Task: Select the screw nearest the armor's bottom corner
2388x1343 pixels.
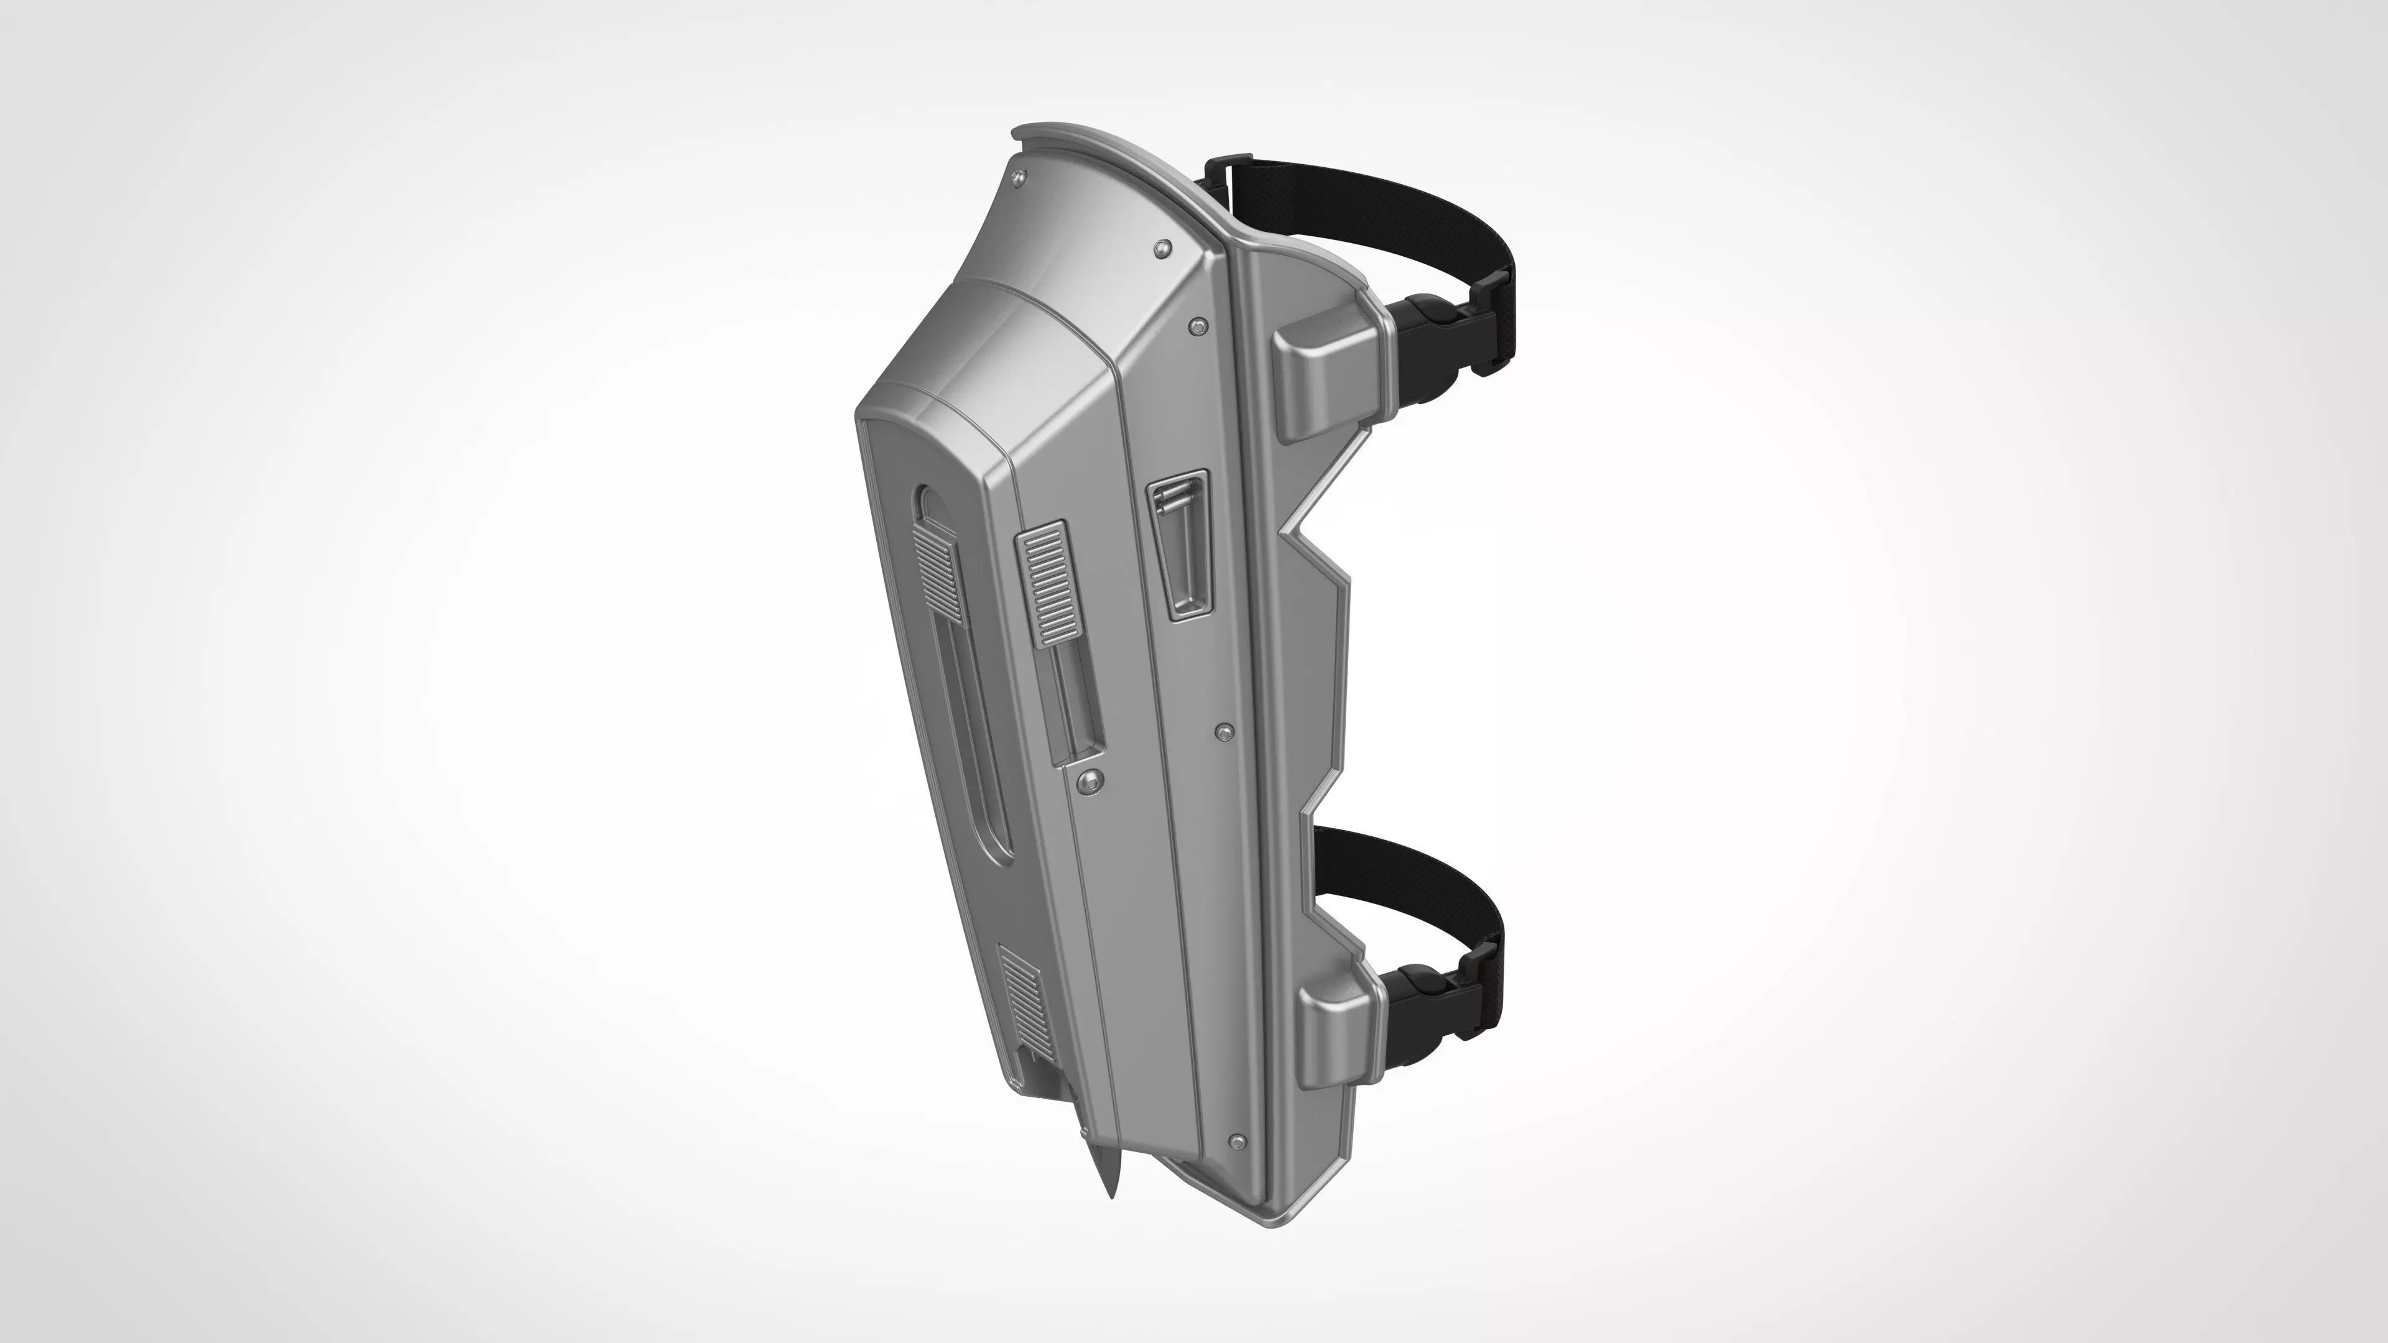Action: coord(1237,1140)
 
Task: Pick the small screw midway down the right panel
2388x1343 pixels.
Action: coord(1224,733)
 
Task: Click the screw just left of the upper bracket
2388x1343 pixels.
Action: coord(1198,326)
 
